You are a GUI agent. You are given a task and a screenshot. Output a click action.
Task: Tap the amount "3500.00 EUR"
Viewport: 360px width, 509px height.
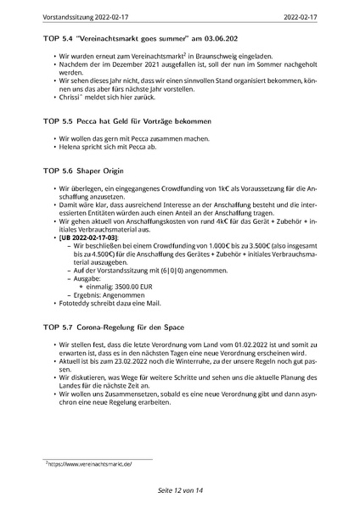129,288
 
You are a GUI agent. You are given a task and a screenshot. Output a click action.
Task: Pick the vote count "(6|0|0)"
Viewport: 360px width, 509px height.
147,270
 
